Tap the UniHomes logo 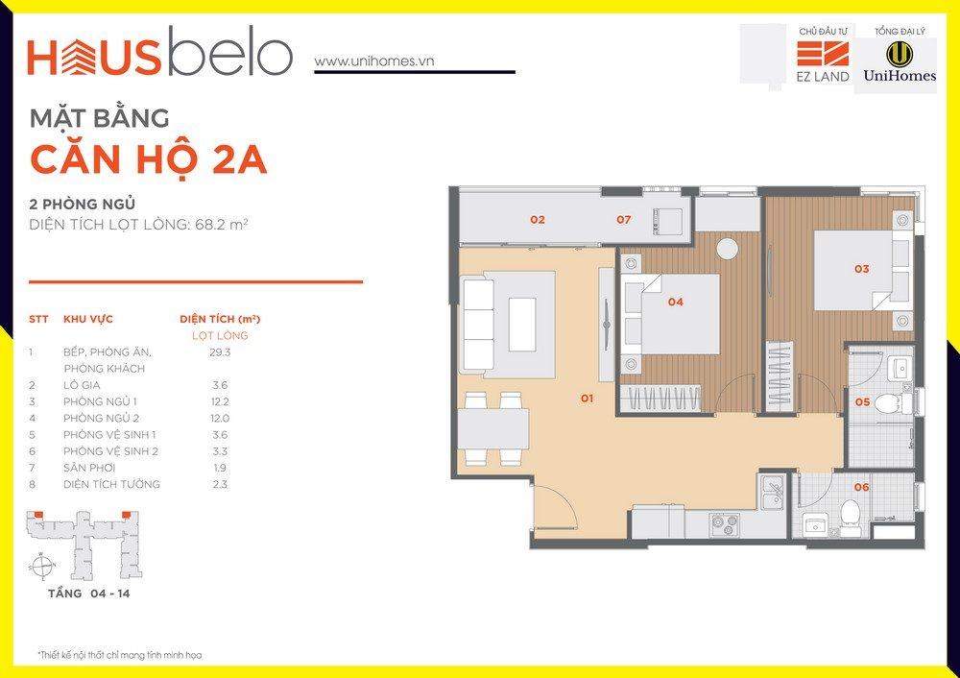tap(900, 61)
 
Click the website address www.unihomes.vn tap(374, 61)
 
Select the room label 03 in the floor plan tap(861, 268)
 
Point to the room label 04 tap(675, 302)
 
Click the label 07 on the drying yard tap(623, 219)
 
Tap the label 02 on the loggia tap(538, 219)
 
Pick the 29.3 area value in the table tap(220, 352)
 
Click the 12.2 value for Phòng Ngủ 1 tap(220, 401)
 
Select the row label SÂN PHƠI tap(89, 468)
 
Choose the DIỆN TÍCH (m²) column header tap(220, 319)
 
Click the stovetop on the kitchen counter tap(725, 525)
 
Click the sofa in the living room tap(477, 325)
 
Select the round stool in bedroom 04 tap(728, 249)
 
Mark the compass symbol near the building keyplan tap(42, 566)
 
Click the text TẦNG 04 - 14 tap(88, 593)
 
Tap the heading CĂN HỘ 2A tap(148, 159)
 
